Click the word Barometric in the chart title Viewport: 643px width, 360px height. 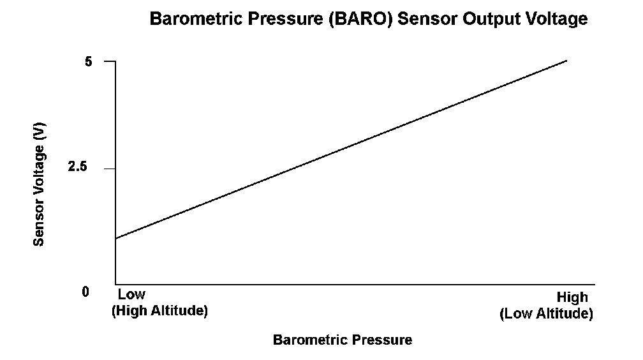(x=195, y=19)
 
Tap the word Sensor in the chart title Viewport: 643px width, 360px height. (x=428, y=19)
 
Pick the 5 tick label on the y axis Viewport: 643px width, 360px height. (x=89, y=61)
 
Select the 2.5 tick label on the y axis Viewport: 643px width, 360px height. (x=78, y=167)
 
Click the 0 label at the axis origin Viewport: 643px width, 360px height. (x=85, y=292)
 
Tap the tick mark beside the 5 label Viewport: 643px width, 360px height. (x=110, y=61)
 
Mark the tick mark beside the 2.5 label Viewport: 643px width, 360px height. (x=110, y=169)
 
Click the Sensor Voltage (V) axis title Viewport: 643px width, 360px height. (x=38, y=184)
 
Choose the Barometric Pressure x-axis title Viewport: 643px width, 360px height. (x=343, y=340)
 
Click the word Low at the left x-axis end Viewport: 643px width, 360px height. (x=131, y=294)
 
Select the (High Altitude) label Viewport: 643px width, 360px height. (x=159, y=310)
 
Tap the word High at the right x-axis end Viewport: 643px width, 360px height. (x=572, y=297)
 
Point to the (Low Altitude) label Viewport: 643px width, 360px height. (x=546, y=313)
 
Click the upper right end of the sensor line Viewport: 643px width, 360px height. (x=566, y=61)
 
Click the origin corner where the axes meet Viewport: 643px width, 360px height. (x=115, y=283)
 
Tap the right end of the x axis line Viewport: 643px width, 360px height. (x=595, y=283)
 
